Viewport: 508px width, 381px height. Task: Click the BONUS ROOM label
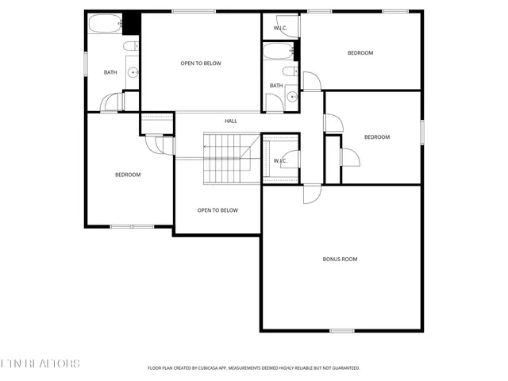pos(340,259)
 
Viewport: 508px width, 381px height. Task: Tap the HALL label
pos(231,121)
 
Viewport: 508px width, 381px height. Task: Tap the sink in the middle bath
pos(292,98)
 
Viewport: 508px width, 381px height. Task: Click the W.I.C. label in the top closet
pos(280,29)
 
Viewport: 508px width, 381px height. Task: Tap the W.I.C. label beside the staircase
pos(280,161)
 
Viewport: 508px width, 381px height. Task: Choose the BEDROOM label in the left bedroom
pos(128,175)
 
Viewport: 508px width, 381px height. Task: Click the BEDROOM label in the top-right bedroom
pos(360,53)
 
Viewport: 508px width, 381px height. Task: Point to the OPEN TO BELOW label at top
pos(201,63)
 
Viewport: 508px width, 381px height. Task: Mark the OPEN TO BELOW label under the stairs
pos(217,210)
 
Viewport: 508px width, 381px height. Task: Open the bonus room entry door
pos(313,194)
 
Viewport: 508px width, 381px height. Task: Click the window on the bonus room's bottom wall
pos(341,330)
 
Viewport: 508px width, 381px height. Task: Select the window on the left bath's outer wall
pos(86,63)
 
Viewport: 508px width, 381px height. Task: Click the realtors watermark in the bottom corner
pos(40,364)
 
